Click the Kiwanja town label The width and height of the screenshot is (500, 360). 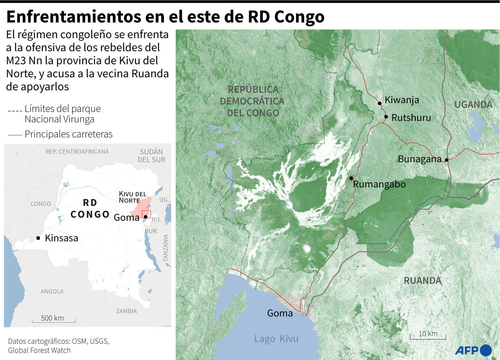pyautogui.click(x=401, y=100)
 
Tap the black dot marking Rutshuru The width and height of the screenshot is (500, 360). pyautogui.click(x=386, y=117)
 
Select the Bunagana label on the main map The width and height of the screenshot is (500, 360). pyautogui.click(x=419, y=159)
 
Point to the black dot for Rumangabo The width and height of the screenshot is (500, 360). pyautogui.click(x=351, y=178)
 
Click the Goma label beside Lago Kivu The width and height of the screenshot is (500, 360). pyautogui.click(x=280, y=313)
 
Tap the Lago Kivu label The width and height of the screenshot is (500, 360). pyautogui.click(x=276, y=339)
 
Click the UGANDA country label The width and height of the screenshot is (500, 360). pyautogui.click(x=473, y=105)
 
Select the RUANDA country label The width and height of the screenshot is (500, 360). pyautogui.click(x=422, y=280)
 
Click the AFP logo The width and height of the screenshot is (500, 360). pyautogui.click(x=473, y=351)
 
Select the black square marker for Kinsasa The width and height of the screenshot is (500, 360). pyautogui.click(x=38, y=238)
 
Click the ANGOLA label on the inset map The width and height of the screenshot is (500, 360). pyautogui.click(x=52, y=292)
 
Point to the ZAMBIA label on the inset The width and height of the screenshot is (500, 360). pyautogui.click(x=126, y=311)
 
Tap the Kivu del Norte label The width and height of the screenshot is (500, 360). pyautogui.click(x=132, y=197)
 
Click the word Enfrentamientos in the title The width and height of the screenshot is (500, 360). pyautogui.click(x=73, y=17)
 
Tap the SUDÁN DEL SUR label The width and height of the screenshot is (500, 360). pyautogui.click(x=151, y=156)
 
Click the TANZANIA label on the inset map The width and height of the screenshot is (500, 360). pyautogui.click(x=165, y=248)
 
